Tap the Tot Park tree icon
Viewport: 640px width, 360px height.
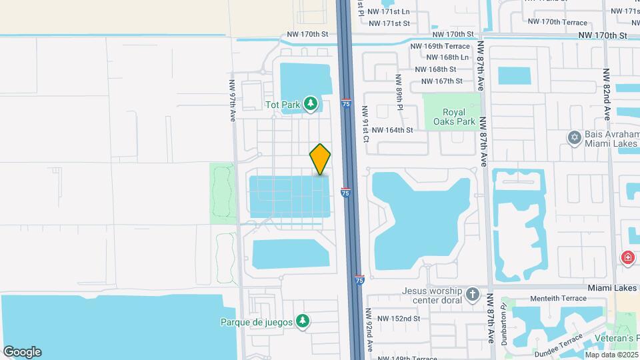point(310,103)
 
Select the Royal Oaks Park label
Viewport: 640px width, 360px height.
point(451,117)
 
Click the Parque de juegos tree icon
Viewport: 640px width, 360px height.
point(303,321)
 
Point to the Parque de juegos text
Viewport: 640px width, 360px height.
point(257,322)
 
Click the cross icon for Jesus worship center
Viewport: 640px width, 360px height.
point(472,294)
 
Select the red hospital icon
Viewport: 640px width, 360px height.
point(627,257)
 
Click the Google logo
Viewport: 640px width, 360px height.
point(22,352)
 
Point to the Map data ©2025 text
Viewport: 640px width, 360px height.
point(610,354)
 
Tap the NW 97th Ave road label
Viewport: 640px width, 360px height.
point(233,101)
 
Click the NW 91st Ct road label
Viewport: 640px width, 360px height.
point(365,123)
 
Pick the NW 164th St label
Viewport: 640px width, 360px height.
point(393,130)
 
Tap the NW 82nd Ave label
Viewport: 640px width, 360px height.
point(607,87)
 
